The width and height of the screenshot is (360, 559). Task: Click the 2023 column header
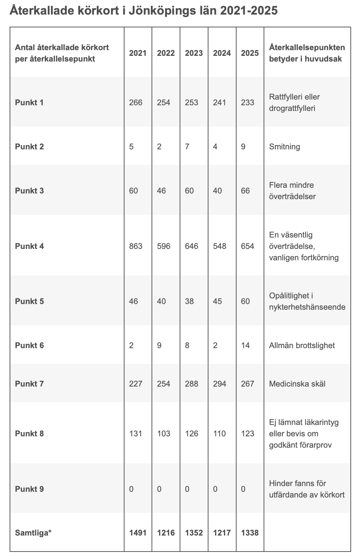pyautogui.click(x=194, y=53)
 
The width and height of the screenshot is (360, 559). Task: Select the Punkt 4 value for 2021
pyautogui.click(x=136, y=246)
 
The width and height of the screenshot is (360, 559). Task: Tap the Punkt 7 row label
pyautogui.click(x=30, y=384)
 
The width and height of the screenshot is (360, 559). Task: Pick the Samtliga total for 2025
pyautogui.click(x=250, y=533)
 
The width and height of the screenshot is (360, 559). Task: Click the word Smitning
pyautogui.click(x=285, y=147)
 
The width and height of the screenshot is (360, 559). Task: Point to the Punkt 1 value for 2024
pyautogui.click(x=219, y=102)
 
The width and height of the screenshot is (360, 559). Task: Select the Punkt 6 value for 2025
pyautogui.click(x=245, y=345)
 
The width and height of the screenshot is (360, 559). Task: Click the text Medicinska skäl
pyautogui.click(x=297, y=384)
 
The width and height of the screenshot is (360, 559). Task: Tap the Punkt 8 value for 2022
pyautogui.click(x=164, y=433)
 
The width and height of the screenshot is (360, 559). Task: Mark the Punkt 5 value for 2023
pyautogui.click(x=189, y=301)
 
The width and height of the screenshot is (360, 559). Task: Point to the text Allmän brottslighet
pyautogui.click(x=302, y=345)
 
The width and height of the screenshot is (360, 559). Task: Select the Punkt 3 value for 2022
pyautogui.click(x=162, y=191)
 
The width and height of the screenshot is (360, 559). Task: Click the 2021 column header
pyautogui.click(x=138, y=53)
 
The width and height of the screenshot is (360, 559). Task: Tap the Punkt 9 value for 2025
pyautogui.click(x=243, y=489)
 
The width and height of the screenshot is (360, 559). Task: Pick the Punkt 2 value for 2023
pyautogui.click(x=187, y=147)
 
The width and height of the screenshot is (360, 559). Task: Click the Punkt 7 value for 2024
pyautogui.click(x=219, y=384)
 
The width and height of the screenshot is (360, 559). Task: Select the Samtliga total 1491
pyautogui.click(x=138, y=533)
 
